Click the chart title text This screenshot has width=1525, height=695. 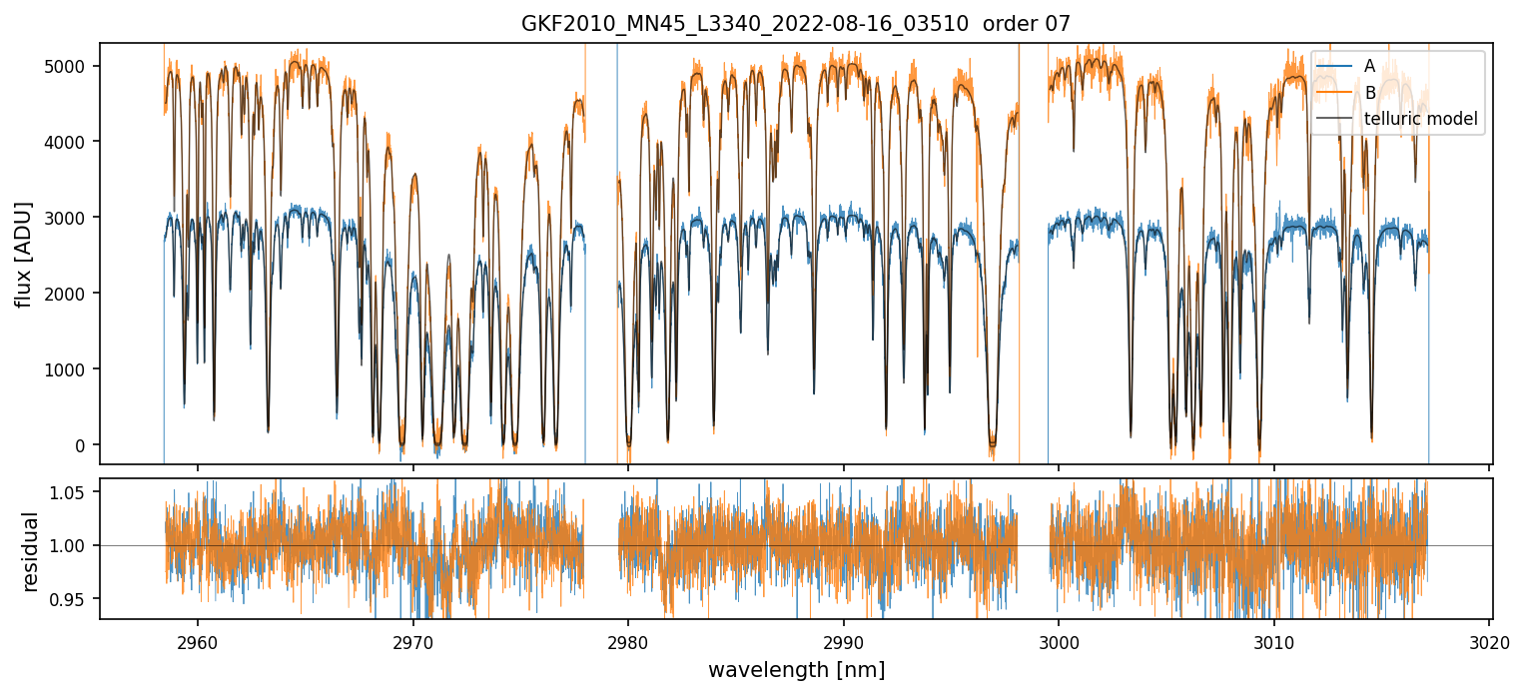click(795, 24)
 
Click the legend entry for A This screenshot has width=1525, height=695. click(1369, 66)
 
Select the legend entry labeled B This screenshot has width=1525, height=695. click(1369, 93)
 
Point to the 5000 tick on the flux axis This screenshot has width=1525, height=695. click(72, 66)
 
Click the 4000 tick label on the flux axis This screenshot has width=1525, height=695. click(72, 142)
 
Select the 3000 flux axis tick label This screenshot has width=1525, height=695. click(72, 218)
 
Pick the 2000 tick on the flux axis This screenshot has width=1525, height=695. click(72, 294)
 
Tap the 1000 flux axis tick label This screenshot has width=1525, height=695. click(72, 369)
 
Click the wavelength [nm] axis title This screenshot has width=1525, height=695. click(796, 669)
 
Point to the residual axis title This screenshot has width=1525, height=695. click(30, 551)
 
